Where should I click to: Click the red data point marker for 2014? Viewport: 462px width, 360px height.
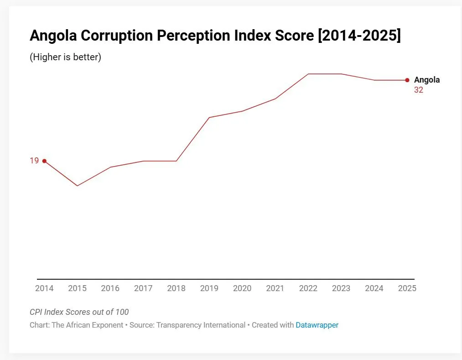(x=44, y=161)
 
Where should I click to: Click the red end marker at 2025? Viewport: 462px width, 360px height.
(x=407, y=80)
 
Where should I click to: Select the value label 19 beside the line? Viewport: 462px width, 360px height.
(x=34, y=161)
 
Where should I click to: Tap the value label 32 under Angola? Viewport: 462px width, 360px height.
(x=418, y=90)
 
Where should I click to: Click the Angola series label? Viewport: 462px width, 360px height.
(x=427, y=80)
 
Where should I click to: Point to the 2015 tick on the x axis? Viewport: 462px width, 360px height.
(x=77, y=288)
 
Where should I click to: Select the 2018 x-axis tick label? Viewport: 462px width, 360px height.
(x=176, y=288)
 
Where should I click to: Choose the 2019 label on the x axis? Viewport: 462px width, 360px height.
(x=209, y=288)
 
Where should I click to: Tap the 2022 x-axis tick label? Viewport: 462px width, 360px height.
(x=308, y=288)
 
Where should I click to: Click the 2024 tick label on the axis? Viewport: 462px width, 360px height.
(x=374, y=288)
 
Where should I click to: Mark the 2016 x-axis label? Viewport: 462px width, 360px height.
(x=110, y=288)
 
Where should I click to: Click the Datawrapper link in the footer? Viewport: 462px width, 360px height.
(x=317, y=325)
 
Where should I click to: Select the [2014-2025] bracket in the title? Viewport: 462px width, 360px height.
(x=359, y=36)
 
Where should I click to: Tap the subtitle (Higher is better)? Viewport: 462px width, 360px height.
(x=65, y=57)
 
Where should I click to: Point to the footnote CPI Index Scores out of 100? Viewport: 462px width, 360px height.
(x=79, y=312)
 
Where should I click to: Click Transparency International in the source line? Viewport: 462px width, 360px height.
(x=201, y=325)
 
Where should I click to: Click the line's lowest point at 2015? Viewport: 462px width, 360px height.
(x=77, y=186)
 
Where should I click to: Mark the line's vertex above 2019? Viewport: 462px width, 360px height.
(x=209, y=117)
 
